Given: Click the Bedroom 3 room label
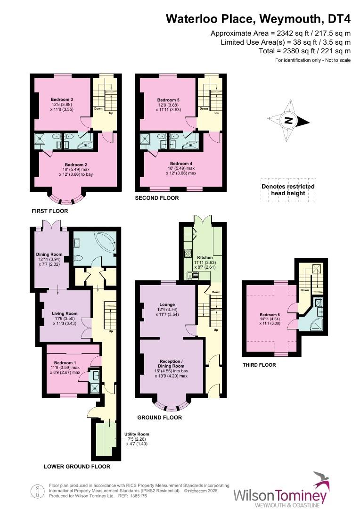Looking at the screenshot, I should point(62,99).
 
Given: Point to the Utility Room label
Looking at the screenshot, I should point(137,434).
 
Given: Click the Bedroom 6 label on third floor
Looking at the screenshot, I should point(270,314).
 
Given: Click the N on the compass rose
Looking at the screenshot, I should point(289,121).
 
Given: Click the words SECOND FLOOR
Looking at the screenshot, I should point(157,198).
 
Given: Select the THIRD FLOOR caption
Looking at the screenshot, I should point(259,365).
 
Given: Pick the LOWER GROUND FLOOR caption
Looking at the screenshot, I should point(77,467).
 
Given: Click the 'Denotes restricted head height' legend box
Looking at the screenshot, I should point(288,190).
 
